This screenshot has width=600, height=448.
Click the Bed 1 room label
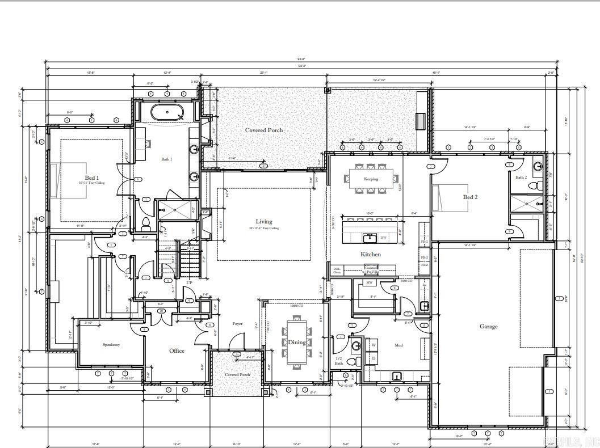[x=92, y=178]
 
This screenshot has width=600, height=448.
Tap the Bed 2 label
[x=470, y=197]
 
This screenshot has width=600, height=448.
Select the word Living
[x=263, y=221]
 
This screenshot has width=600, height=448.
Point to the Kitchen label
[x=371, y=254]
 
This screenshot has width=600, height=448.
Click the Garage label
[x=488, y=326]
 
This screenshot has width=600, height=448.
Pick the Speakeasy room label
[x=111, y=344]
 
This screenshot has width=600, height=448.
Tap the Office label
[x=177, y=350]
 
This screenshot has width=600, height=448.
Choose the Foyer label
[x=237, y=324]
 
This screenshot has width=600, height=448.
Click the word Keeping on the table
[x=370, y=179]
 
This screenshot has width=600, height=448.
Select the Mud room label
[x=398, y=344]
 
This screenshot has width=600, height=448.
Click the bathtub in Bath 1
[x=167, y=112]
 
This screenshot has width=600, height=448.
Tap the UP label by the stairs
[x=189, y=282]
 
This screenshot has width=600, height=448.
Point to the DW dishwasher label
[x=383, y=238]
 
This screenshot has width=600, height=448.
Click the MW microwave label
[x=369, y=282]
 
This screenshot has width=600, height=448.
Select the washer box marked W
[x=374, y=345]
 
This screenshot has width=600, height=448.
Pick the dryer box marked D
[x=374, y=358]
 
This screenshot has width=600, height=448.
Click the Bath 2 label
[x=521, y=177]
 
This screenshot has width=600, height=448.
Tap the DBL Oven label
[x=337, y=271]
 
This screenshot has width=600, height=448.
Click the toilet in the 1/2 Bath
[x=351, y=361]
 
